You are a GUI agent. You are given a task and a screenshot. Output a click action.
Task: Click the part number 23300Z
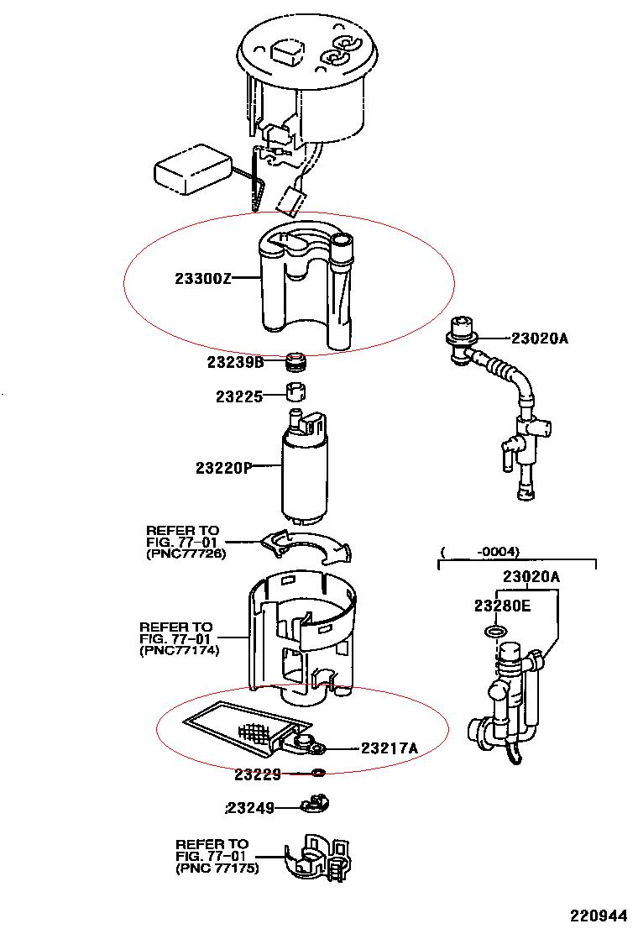tap(201, 279)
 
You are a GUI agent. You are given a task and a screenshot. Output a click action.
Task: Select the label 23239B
tap(236, 363)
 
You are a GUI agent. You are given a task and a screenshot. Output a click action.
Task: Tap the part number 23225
tap(239, 396)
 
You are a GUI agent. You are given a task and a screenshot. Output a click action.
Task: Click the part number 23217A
tap(390, 748)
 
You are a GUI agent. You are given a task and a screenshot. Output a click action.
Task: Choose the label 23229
tap(258, 774)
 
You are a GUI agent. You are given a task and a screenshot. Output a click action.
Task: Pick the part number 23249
tap(250, 808)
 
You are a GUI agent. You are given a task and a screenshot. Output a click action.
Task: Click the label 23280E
tap(502, 606)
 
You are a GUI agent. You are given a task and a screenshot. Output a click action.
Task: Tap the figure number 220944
tap(600, 915)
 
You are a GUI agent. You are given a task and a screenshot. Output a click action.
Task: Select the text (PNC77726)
tap(186, 554)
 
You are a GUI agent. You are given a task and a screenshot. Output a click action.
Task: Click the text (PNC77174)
tap(179, 650)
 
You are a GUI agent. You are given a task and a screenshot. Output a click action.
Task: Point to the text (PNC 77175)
tap(217, 868)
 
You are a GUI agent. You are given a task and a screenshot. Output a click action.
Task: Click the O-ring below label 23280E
tap(496, 631)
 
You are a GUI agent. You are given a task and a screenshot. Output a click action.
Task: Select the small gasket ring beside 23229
tap(318, 773)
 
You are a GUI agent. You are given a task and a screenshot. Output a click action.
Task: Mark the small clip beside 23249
tap(314, 805)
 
